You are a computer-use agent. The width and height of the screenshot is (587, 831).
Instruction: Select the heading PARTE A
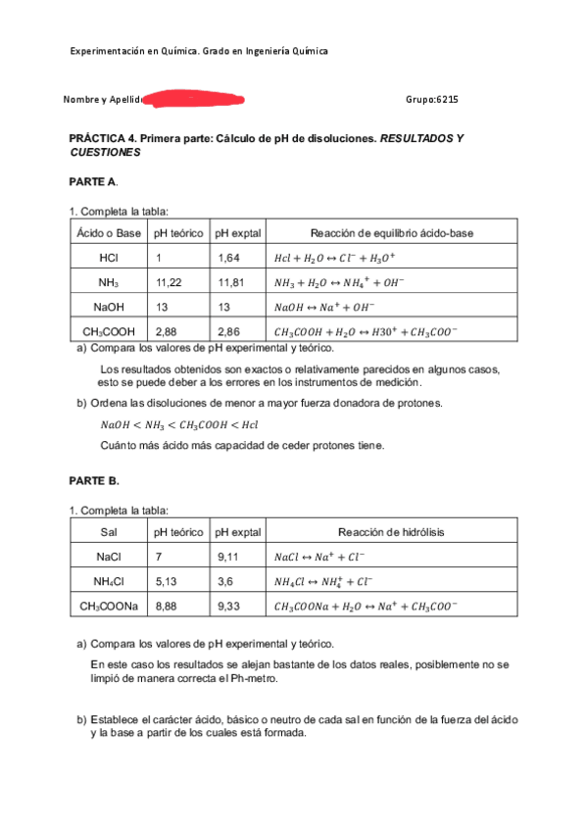click(93, 182)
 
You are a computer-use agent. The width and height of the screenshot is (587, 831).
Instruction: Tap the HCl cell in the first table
click(109, 258)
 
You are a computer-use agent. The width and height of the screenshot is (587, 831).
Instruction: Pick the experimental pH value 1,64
click(231, 258)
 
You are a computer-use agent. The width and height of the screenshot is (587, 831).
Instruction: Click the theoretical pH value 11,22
click(170, 282)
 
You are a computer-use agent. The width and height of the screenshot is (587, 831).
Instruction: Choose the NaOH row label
click(109, 307)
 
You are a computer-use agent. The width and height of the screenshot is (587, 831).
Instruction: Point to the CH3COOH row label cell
click(109, 331)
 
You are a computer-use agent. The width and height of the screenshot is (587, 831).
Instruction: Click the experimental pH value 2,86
click(231, 331)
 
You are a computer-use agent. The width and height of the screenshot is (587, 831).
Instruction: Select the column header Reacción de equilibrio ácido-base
click(391, 232)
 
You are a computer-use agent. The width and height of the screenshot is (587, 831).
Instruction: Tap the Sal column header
click(109, 532)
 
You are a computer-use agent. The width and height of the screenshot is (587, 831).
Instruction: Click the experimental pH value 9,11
click(231, 557)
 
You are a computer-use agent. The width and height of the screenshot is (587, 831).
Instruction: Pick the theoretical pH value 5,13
click(170, 581)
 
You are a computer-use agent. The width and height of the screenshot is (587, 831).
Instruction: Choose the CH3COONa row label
click(109, 606)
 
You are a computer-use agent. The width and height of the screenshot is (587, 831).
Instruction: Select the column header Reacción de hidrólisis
click(391, 532)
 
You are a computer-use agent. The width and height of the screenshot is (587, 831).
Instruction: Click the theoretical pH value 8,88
click(170, 606)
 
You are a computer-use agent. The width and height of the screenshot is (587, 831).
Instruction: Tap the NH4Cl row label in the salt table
click(109, 581)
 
